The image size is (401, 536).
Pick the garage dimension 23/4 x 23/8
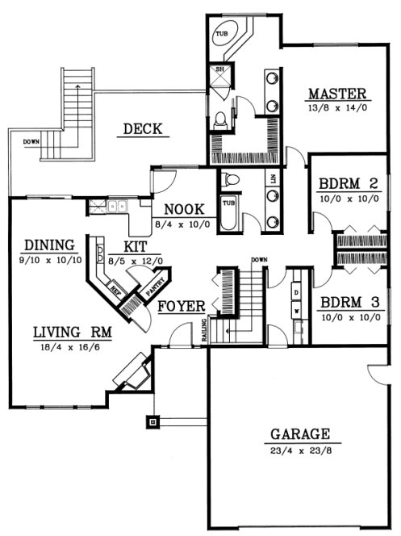[x=299, y=446]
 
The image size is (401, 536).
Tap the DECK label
[x=144, y=128]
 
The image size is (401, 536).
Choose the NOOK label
[x=182, y=207]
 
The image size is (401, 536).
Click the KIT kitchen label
[x=135, y=246]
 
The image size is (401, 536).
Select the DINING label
[x=49, y=245]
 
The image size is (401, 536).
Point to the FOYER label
[x=179, y=307]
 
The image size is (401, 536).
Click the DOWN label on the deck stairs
[x=31, y=143]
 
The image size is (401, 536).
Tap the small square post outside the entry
[x=152, y=421]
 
